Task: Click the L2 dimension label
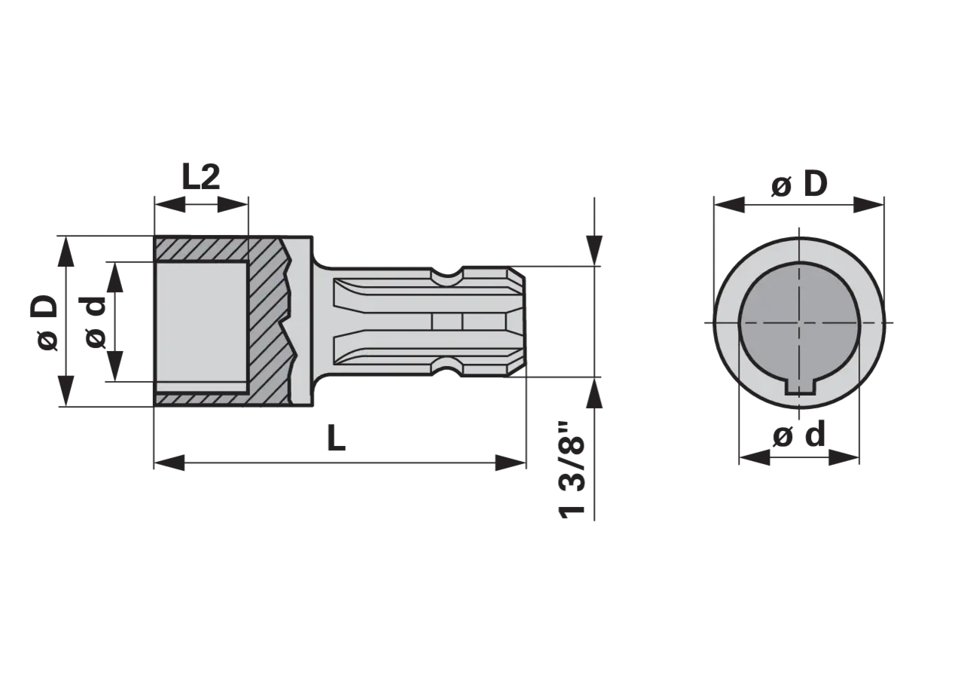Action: point(201,177)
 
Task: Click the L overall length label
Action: point(336,438)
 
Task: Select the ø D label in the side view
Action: point(44,322)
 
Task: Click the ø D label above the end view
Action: point(799,185)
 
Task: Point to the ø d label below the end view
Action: point(799,435)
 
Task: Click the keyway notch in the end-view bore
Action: point(799,386)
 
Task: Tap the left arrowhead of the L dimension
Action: point(169,463)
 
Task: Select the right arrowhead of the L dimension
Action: point(511,463)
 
